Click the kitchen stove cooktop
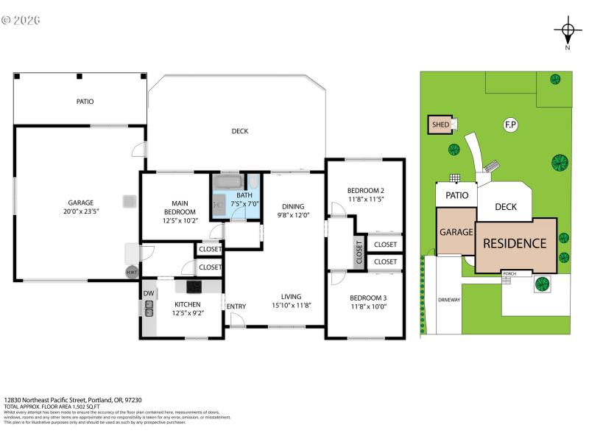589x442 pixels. pyautogui.click(x=194, y=287)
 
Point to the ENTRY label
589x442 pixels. pyautogui.click(x=236, y=306)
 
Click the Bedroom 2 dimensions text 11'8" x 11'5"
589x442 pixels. pyautogui.click(x=366, y=199)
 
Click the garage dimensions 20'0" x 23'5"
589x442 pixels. pyautogui.click(x=80, y=211)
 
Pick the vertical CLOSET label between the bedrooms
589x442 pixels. pyautogui.click(x=359, y=253)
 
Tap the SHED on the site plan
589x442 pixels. pyautogui.click(x=441, y=125)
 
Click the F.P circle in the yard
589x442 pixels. pyautogui.click(x=509, y=125)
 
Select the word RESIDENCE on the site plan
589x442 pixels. pyautogui.click(x=515, y=244)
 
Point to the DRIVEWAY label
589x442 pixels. pyautogui.click(x=448, y=300)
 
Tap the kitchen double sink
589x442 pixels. pyautogui.click(x=149, y=312)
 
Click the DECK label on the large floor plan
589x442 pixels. pyautogui.click(x=240, y=131)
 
